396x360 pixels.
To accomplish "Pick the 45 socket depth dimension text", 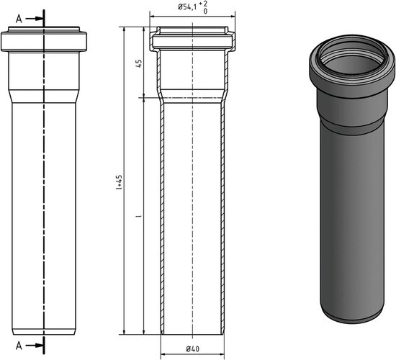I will click(x=138, y=62).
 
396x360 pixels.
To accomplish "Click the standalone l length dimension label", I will click(x=138, y=214).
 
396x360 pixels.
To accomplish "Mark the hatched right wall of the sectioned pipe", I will click(x=224, y=216).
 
